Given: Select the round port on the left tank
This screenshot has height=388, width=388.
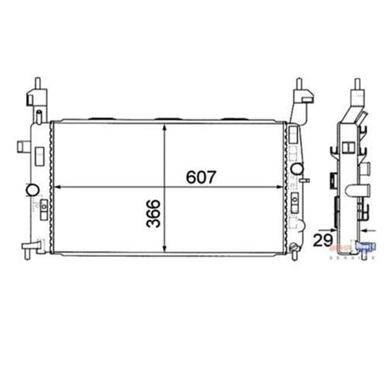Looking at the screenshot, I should pyautogui.click(x=30, y=191).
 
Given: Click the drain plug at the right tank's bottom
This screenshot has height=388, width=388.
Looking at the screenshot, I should pyautogui.click(x=295, y=248).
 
